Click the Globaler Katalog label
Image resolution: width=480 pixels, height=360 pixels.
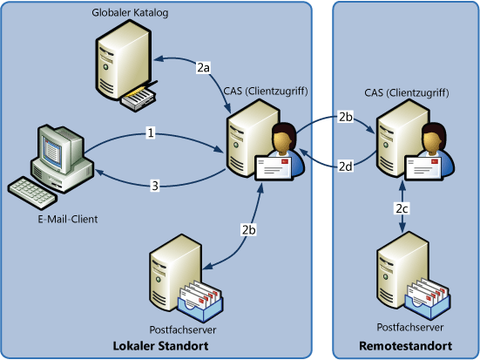[x=130, y=13]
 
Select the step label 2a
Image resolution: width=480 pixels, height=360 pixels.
[x=203, y=67]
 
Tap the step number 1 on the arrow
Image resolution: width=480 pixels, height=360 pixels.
[x=151, y=133]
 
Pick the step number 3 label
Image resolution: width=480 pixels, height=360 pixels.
[x=155, y=186]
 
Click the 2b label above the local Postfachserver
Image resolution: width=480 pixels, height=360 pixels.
[x=249, y=230]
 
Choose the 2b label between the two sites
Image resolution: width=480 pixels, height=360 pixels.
[x=346, y=117]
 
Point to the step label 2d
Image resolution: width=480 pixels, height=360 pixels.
[x=346, y=166]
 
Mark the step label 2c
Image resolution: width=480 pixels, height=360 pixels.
[x=402, y=208]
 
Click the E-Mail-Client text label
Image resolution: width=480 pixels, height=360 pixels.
[x=68, y=220]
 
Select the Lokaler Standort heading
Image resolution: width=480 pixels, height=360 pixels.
[x=160, y=346]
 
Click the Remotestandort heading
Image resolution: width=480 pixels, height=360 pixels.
[x=406, y=346]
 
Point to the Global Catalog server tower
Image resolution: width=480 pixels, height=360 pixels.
[x=124, y=60]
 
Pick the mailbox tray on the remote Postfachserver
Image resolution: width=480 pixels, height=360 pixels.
[x=428, y=298]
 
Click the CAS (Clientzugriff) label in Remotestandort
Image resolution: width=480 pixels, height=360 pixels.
[x=407, y=92]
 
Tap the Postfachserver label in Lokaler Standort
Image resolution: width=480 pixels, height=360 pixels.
[x=183, y=330]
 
